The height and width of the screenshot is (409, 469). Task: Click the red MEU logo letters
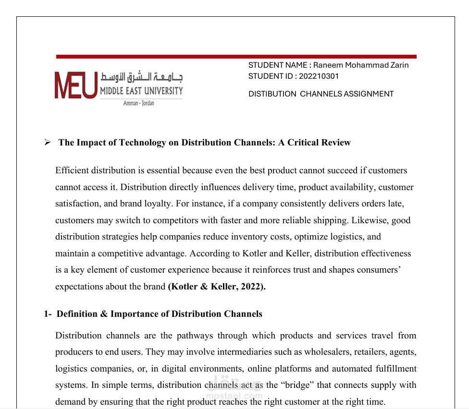pos(76,85)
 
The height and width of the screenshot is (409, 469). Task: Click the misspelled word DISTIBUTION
pos(272,94)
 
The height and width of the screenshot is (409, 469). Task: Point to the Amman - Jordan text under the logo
pos(139,103)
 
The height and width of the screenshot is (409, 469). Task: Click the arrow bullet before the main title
pos(47,143)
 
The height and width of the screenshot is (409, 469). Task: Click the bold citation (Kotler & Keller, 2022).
pos(217,287)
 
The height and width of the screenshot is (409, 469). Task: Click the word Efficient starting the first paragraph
pos(72,170)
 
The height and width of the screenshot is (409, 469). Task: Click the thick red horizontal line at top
pos(236,57)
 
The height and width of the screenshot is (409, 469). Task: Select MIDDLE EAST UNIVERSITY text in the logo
pos(141,91)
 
